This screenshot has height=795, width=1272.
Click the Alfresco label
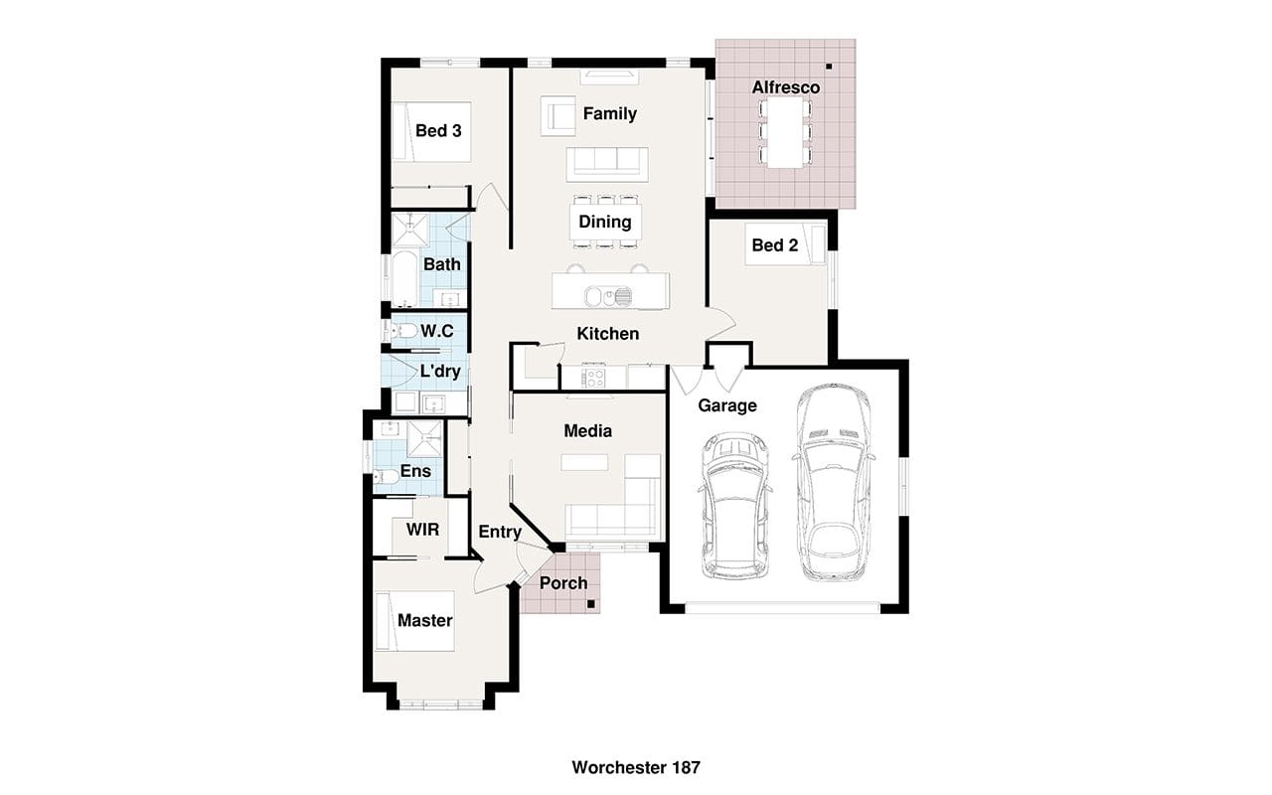pos(786,87)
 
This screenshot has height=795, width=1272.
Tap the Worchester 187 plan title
pos(636,768)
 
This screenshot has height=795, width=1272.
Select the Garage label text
pos(727,405)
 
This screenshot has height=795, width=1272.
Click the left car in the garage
pos(735,506)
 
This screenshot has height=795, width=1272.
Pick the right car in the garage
pos(833,482)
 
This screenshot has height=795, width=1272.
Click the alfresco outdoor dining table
pos(785,132)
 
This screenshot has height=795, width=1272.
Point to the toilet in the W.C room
pos(402,331)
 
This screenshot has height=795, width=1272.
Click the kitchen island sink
pos(608,296)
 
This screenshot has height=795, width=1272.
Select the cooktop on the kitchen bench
pos(593,378)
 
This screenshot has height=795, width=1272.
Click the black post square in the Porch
pos(591,604)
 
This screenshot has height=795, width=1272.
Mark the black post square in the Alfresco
pos(829,67)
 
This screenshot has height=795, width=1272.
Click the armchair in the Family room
pos(558,116)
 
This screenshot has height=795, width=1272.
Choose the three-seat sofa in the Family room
pos(607,165)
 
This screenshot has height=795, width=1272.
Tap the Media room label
pos(587,431)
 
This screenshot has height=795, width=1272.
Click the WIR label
pos(422,530)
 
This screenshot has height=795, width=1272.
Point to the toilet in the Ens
pos(387,476)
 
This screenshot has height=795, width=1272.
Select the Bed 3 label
pos(438,130)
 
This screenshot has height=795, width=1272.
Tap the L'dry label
pos(440,372)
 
